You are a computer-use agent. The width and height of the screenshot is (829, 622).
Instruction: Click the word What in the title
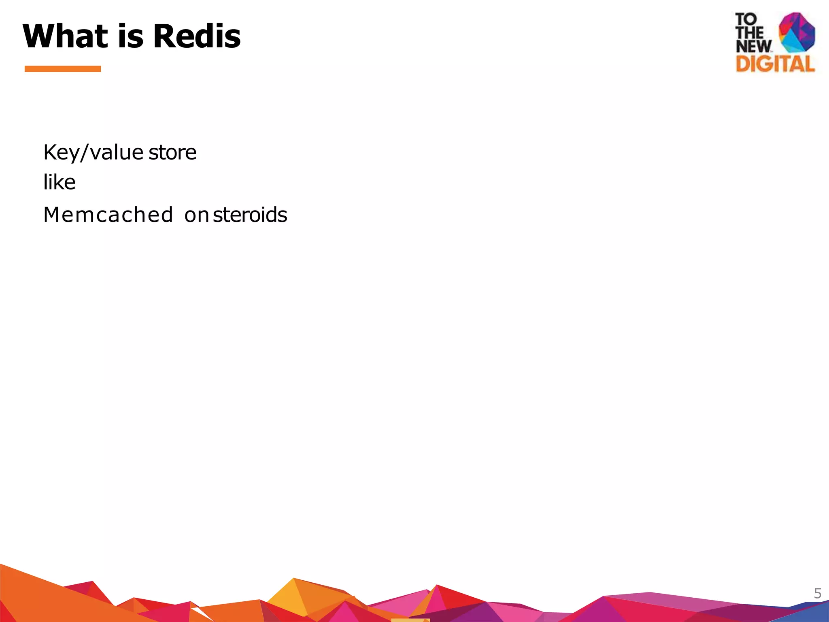[65, 36]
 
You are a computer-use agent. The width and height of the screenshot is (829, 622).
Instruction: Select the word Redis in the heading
[197, 36]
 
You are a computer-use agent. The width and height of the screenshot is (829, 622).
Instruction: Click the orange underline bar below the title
[63, 69]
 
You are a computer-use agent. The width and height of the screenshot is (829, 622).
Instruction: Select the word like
[59, 182]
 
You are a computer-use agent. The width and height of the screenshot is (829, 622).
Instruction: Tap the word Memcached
[108, 215]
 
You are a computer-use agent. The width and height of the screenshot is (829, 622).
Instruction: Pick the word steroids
[250, 215]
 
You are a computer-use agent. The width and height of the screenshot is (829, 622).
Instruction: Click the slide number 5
[817, 594]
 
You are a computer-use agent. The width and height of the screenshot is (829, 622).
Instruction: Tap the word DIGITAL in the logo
[775, 64]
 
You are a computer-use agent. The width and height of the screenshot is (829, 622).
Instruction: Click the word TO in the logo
[746, 19]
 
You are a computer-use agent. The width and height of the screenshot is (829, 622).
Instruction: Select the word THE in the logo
[750, 33]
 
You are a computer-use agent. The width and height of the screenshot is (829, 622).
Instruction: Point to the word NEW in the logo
[753, 46]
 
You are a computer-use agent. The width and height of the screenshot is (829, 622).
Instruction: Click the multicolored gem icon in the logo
[797, 32]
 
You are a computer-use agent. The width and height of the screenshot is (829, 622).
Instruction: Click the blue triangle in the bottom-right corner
[810, 611]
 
